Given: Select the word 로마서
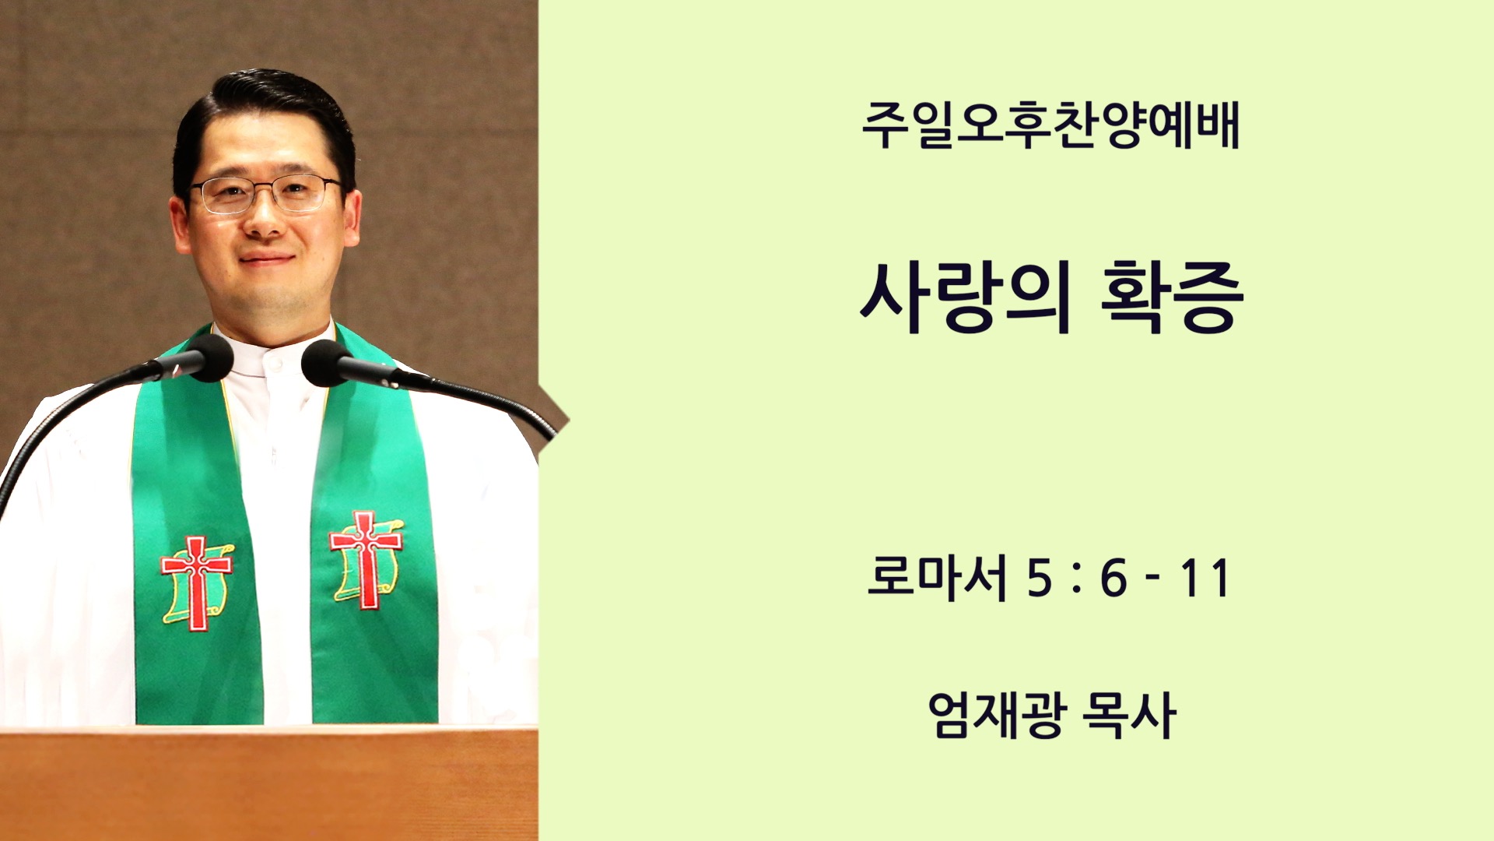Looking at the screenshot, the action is tap(937, 578).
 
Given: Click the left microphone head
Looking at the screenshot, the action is tap(207, 357).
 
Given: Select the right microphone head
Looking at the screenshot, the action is tap(325, 363).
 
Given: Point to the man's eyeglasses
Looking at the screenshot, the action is tap(266, 195).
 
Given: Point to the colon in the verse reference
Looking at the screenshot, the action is tap(1076, 579).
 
